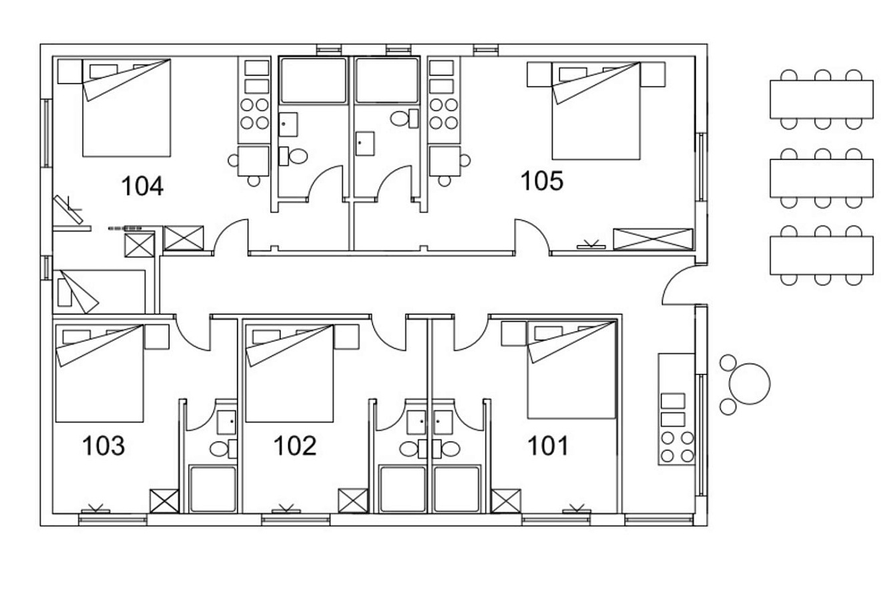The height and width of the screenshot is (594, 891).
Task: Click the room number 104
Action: [x=142, y=186]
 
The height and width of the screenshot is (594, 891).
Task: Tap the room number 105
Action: [x=542, y=181]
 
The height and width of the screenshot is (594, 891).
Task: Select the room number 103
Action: [x=103, y=446]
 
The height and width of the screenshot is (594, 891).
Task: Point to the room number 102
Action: [x=295, y=446]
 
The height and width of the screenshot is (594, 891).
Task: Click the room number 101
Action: [x=548, y=446]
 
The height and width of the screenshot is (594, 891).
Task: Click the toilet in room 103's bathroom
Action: [x=223, y=449]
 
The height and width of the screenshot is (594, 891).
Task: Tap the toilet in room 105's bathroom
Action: [x=404, y=118]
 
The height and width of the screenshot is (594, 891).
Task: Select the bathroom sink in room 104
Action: [x=288, y=125]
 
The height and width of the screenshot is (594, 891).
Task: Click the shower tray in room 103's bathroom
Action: [x=213, y=489]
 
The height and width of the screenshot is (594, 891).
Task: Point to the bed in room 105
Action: [x=596, y=111]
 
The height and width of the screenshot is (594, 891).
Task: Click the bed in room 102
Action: [x=289, y=373]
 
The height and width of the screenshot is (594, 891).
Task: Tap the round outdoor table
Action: [x=750, y=384]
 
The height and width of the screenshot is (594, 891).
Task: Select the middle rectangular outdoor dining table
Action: [x=822, y=178]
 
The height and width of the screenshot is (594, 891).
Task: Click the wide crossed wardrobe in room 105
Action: [x=653, y=239]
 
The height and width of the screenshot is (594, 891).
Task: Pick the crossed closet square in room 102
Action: [x=353, y=501]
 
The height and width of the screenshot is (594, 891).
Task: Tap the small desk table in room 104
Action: [x=254, y=161]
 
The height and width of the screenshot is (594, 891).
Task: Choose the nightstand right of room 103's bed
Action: [x=157, y=337]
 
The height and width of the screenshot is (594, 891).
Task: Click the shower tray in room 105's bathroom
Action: [x=387, y=80]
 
